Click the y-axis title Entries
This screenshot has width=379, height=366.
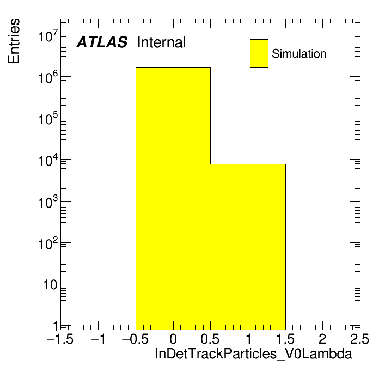tap(14, 41)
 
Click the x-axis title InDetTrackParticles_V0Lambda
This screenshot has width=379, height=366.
tap(253, 354)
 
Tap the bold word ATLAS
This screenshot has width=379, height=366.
tap(102, 42)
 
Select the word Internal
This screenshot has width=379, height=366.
tap(162, 42)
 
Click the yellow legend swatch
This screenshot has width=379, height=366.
tap(259, 53)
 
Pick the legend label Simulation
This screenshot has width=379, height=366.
tap(299, 53)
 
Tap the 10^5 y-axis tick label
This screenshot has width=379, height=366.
tap(48, 118)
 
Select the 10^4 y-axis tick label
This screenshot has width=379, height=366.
tap(48, 160)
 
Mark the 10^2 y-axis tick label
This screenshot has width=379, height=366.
tap(48, 243)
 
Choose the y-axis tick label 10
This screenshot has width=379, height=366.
tap(50, 285)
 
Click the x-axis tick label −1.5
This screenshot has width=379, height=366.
tap(60, 339)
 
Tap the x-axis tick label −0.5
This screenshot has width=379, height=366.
tap(135, 339)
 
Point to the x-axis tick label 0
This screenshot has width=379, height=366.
tap(173, 339)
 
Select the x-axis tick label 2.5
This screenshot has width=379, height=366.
tap(359, 339)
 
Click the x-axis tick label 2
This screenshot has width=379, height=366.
tap(322, 339)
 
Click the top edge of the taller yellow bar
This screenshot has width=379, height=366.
tap(173, 67)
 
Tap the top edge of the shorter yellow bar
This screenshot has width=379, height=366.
tap(248, 164)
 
